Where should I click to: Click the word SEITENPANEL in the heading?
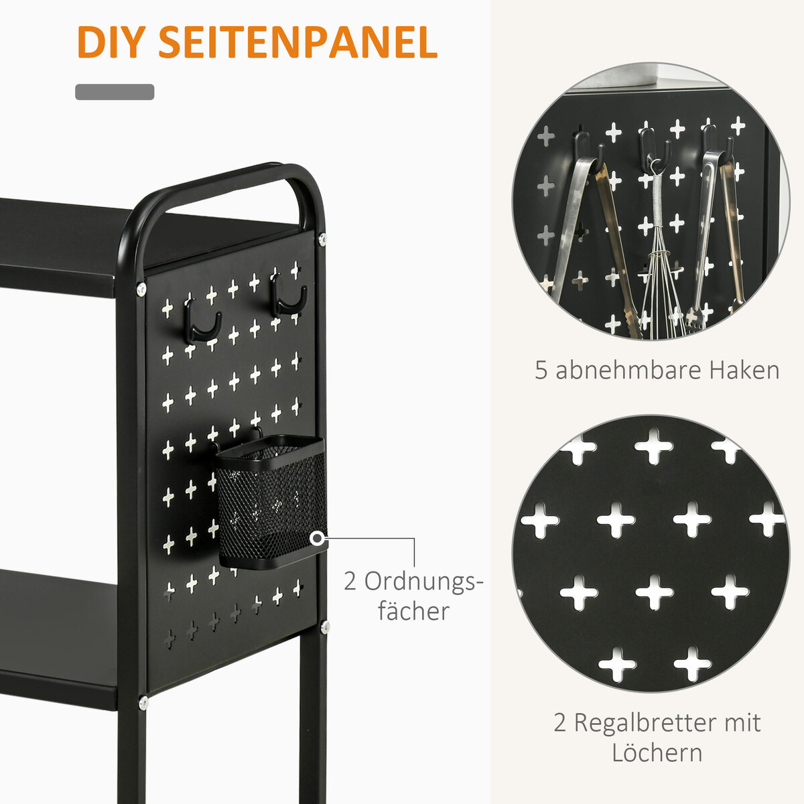[298, 42]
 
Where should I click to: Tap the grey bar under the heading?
[115, 92]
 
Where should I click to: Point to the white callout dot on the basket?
[318, 539]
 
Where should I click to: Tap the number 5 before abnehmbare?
[541, 370]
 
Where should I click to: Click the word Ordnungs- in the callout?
[413, 582]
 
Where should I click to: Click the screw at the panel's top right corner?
[322, 239]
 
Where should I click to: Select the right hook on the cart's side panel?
[289, 294]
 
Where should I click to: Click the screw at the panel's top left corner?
[141, 289]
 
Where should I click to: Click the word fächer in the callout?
[413, 612]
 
